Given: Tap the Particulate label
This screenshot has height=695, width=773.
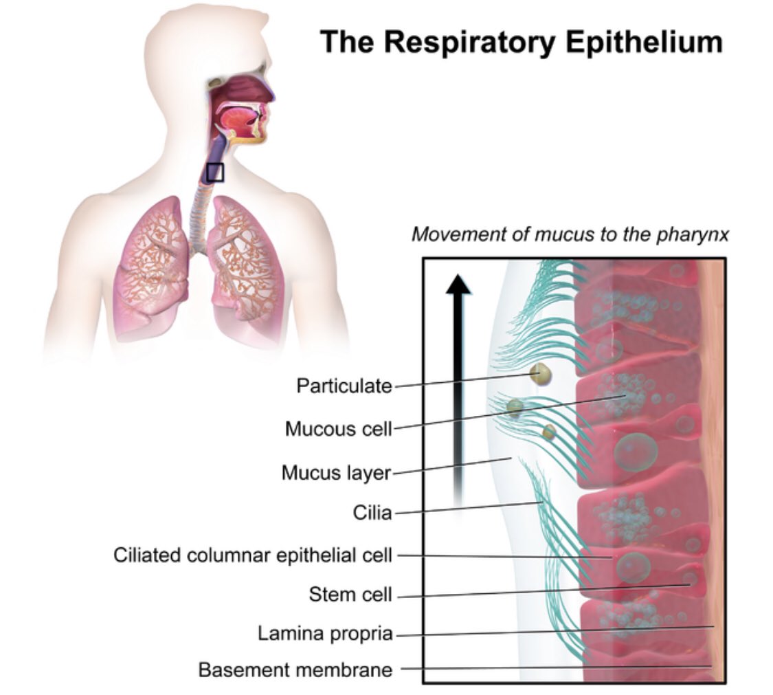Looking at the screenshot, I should [344, 386].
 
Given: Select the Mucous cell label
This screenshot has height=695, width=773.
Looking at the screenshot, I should [338, 429].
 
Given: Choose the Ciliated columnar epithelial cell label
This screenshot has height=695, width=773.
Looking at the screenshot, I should [253, 555].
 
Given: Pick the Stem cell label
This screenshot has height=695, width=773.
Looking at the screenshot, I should [350, 594].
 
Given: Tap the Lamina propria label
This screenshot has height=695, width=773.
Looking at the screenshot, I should [325, 633].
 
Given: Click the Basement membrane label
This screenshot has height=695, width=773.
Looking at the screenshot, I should [295, 669].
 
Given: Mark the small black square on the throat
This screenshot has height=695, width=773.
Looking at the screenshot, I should [215, 173].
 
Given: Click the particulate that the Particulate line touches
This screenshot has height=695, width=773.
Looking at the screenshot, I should [541, 374].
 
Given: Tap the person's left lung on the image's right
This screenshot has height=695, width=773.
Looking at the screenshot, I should [245, 268].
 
